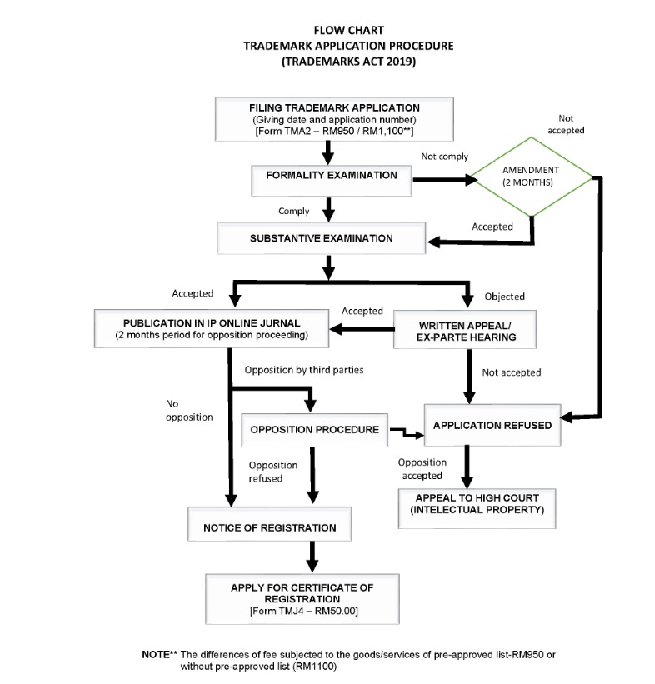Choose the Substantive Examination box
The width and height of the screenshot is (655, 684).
tap(321, 238)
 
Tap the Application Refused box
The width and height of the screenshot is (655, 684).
tap(492, 425)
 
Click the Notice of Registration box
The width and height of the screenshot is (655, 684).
tap(269, 527)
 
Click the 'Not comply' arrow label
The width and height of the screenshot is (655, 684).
tap(444, 156)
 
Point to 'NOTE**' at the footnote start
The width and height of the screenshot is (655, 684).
tap(160, 654)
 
